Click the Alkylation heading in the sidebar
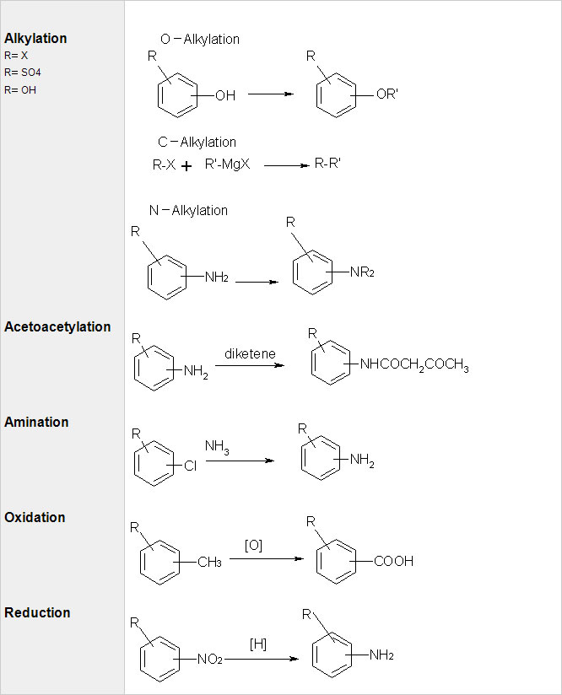click(35, 38)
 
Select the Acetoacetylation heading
click(57, 326)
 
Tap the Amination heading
click(36, 422)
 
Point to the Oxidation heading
click(35, 517)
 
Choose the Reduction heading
click(37, 612)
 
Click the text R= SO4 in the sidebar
click(23, 73)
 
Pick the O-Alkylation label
click(199, 39)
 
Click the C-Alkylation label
click(197, 142)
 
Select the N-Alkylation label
click(188, 210)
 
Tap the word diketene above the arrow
click(250, 353)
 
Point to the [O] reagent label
click(253, 546)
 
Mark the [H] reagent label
click(258, 644)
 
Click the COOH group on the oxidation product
click(393, 561)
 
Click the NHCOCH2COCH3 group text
click(413, 365)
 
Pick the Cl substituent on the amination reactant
click(190, 465)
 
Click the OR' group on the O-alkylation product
click(386, 94)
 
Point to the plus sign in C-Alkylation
click(186, 166)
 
